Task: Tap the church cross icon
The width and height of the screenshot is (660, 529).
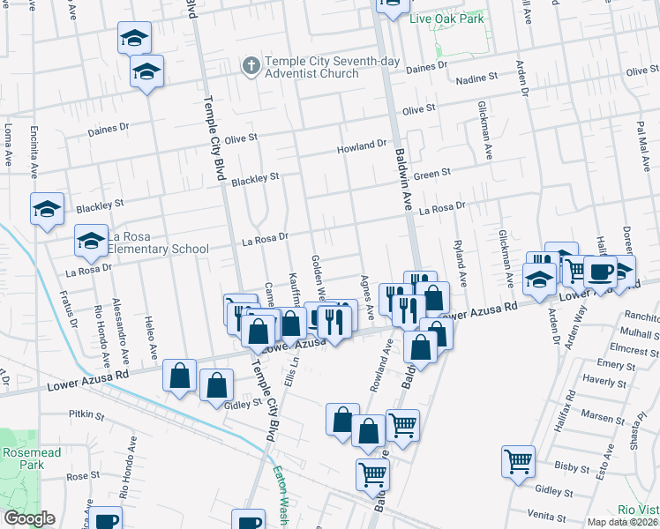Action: [251, 66]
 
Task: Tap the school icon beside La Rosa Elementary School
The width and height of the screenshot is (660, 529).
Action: [91, 239]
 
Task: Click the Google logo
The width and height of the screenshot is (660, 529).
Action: [28, 518]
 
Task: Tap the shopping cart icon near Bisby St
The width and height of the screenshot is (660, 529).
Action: [518, 460]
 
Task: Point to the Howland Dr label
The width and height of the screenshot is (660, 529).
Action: [362, 144]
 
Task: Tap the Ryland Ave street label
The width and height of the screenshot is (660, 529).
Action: [459, 257]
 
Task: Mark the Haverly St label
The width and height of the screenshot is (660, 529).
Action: [604, 381]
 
